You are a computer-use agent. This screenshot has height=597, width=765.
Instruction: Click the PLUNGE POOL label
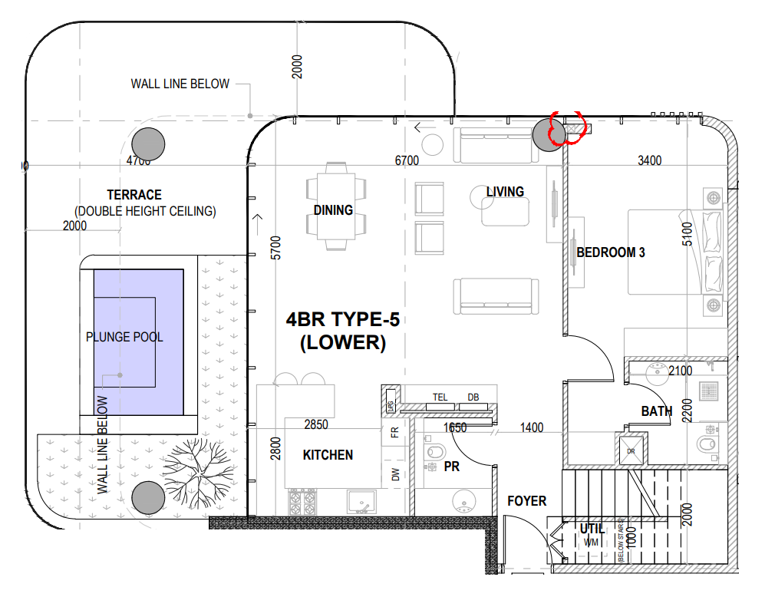point(124,337)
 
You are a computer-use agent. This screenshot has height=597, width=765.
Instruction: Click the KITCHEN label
point(328,455)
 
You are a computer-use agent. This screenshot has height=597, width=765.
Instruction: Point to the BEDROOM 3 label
point(611,252)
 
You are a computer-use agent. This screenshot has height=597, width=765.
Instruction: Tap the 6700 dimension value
point(407,160)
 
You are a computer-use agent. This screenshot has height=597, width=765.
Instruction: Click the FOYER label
point(526,501)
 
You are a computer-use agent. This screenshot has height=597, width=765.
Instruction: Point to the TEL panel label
point(440,397)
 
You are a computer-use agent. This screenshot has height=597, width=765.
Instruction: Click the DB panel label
point(473,397)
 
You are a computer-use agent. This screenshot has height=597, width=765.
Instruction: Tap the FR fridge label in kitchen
point(395,432)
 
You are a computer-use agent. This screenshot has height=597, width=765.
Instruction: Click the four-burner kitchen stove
point(302,503)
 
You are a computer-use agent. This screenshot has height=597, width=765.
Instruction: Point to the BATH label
point(657,411)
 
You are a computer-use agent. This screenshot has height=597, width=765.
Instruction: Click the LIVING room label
point(505,192)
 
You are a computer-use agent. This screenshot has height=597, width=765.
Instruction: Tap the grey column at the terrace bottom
point(148,497)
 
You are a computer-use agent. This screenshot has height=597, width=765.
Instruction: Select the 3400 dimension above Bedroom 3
point(649,160)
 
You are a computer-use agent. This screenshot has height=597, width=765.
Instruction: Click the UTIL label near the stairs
point(592,529)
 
